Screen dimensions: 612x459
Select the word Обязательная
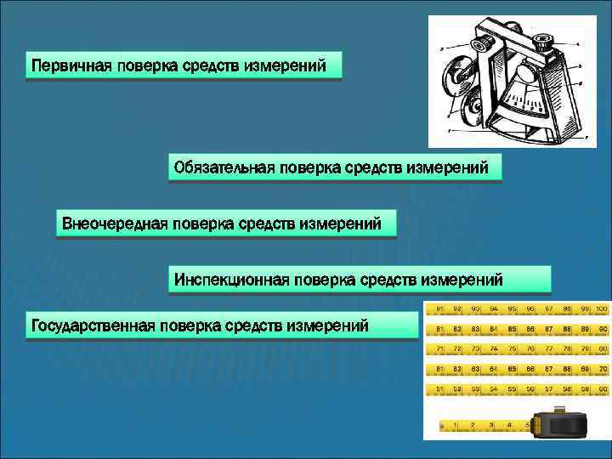pyautogui.click(x=223, y=167)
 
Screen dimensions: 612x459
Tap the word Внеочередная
pyautogui.click(x=114, y=224)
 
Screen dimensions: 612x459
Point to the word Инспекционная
pyautogui.click(x=229, y=279)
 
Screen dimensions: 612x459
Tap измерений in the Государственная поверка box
pyautogui.click(x=328, y=325)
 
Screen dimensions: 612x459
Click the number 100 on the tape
pyautogui.click(x=601, y=308)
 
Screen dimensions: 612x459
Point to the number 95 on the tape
pyautogui.click(x=513, y=308)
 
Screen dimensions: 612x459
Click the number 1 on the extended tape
pyautogui.click(x=456, y=423)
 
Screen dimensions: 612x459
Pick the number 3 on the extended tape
pyautogui.click(x=490, y=423)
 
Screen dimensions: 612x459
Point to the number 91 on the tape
pyautogui.click(x=440, y=308)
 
